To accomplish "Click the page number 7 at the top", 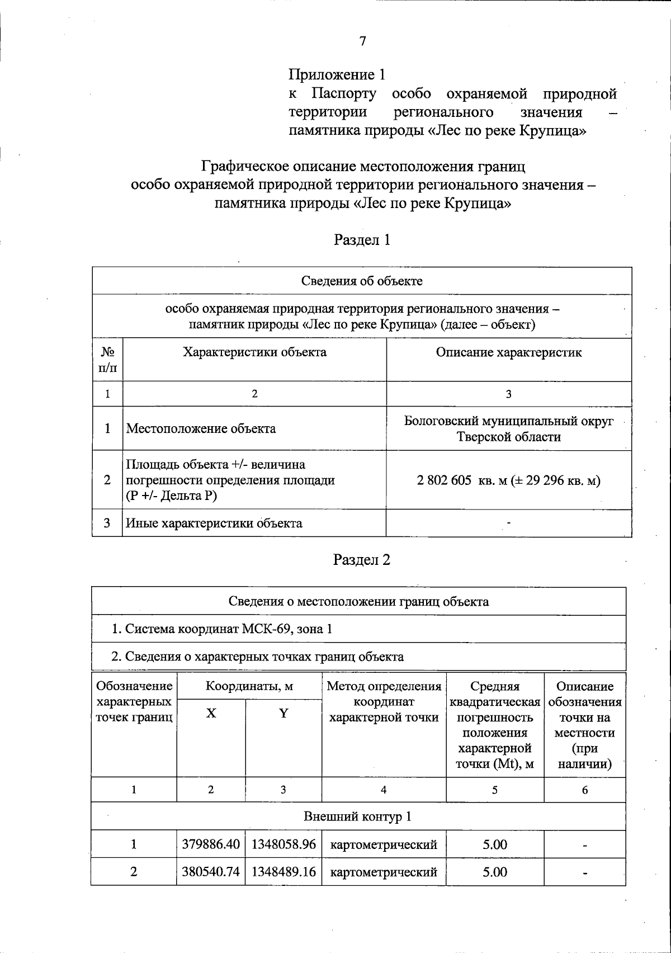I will (x=362, y=41).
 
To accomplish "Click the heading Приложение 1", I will (x=337, y=74).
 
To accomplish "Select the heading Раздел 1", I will (x=362, y=240).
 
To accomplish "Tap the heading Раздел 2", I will (x=361, y=560).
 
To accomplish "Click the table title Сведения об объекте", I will (x=362, y=281).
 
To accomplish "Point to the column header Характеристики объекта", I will (x=254, y=352).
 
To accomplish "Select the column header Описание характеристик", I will (x=508, y=352).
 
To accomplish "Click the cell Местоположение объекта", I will (x=201, y=429).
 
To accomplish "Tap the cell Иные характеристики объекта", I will (x=214, y=523).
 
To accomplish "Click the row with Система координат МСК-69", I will (x=221, y=629).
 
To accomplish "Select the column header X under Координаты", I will (x=211, y=713).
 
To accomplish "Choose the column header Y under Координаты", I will (x=283, y=713).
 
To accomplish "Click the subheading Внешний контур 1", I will (x=358, y=817).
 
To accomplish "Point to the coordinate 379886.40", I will (x=211, y=845).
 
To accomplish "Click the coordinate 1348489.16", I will (x=283, y=872).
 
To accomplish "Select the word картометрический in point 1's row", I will (x=384, y=845).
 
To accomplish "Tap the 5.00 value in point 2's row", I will (x=495, y=872).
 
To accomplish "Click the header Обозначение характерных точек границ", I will (x=134, y=701).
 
